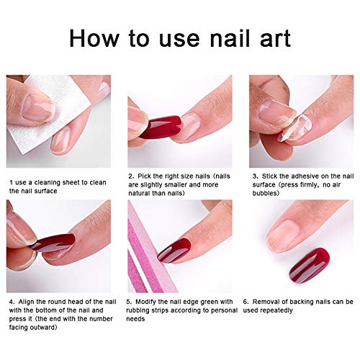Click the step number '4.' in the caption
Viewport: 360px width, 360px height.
click(x=10, y=302)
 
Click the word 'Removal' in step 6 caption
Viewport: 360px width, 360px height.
click(x=276, y=302)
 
